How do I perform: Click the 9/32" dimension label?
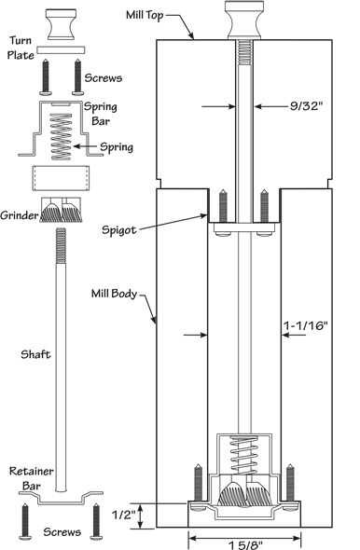click(306, 105)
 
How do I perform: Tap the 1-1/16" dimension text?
click(305, 325)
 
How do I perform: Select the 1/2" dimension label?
click(123, 515)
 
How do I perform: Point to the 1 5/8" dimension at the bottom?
click(245, 544)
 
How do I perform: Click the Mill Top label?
click(145, 16)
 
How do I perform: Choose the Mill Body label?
click(114, 294)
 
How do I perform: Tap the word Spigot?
click(119, 230)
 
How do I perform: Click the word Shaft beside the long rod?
click(35, 354)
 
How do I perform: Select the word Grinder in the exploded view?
click(19, 215)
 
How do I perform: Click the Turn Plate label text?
click(21, 48)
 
